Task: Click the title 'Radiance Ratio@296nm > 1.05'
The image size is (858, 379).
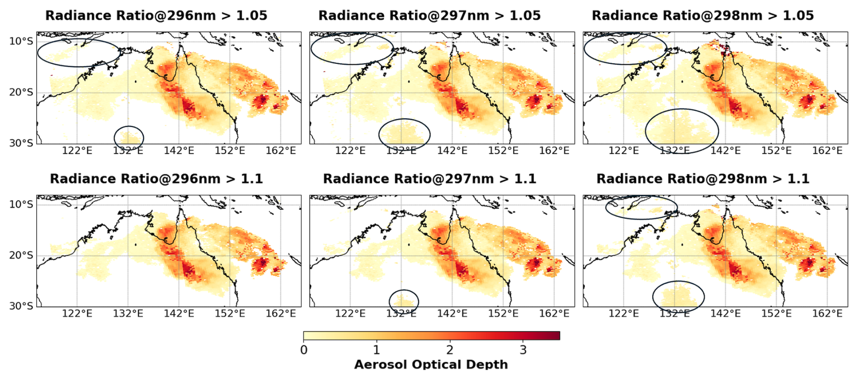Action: pyautogui.click(x=156, y=15)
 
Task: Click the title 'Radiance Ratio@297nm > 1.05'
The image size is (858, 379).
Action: pyautogui.click(x=429, y=15)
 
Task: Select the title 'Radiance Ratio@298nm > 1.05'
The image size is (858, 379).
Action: pyautogui.click(x=702, y=15)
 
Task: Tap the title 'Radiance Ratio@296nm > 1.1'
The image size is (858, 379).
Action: pyautogui.click(x=156, y=179)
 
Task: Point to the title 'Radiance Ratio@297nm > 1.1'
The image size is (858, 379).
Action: pyautogui.click(x=429, y=179)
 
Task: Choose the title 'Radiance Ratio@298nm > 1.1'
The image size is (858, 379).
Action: pyautogui.click(x=702, y=179)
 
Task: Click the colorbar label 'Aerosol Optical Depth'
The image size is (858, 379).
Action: pyautogui.click(x=431, y=364)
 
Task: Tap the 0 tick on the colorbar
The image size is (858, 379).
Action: pyautogui.click(x=304, y=350)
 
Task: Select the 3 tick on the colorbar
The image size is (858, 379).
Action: pyautogui.click(x=523, y=350)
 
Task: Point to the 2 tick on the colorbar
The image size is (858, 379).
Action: pyautogui.click(x=449, y=350)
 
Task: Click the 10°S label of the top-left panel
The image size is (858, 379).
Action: pyautogui.click(x=21, y=41)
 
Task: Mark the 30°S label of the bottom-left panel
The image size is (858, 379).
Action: pyautogui.click(x=21, y=306)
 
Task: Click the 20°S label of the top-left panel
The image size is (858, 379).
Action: pyautogui.click(x=21, y=92)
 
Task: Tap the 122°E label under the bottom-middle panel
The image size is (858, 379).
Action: pyautogui.click(x=350, y=313)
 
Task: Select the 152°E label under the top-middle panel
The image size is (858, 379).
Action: pyautogui.click(x=503, y=151)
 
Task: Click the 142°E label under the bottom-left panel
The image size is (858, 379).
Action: pyautogui.click(x=179, y=313)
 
